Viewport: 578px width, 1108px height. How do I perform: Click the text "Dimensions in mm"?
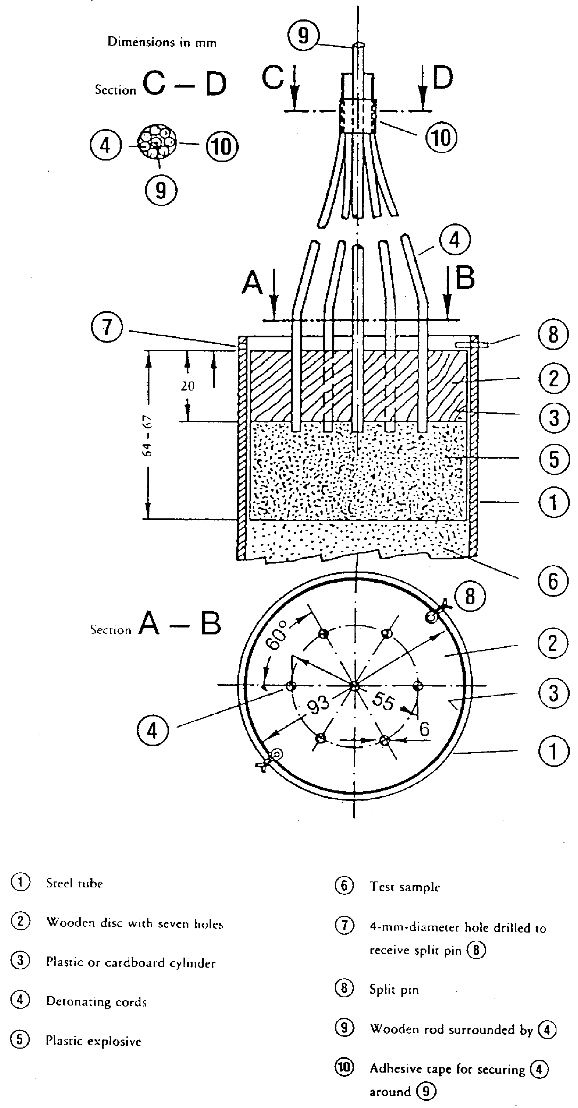162,42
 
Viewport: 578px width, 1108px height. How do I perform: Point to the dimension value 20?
188,386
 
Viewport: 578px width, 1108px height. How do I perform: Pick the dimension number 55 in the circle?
383,701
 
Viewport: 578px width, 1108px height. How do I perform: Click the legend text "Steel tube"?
74,884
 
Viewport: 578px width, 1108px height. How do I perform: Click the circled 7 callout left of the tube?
107,327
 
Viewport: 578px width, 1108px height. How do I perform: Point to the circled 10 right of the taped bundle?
441,138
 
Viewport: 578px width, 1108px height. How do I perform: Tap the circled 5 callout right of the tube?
554,459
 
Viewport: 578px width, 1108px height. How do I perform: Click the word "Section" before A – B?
111,630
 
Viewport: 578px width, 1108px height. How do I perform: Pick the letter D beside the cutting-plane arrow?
443,77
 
